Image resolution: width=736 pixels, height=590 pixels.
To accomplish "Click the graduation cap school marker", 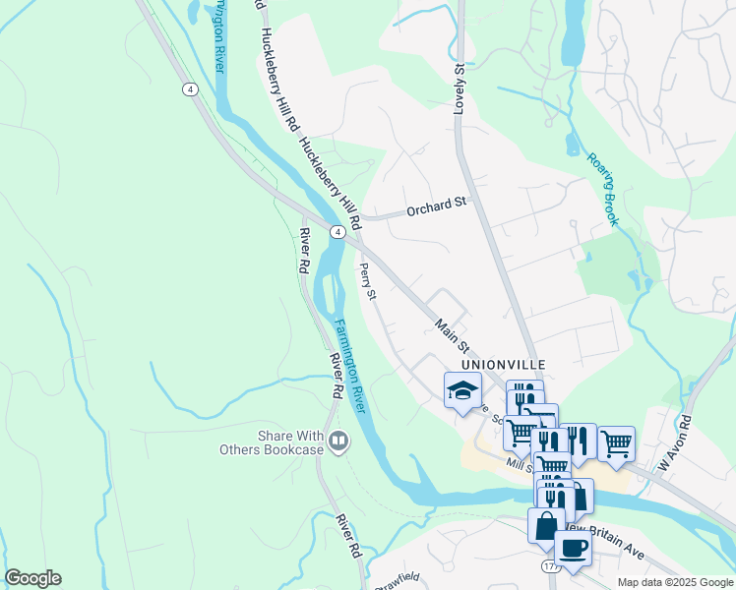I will click(x=462, y=391).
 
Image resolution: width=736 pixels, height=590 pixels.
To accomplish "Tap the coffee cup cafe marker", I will click(x=573, y=549).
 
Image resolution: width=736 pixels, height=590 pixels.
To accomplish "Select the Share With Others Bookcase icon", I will click(x=339, y=442).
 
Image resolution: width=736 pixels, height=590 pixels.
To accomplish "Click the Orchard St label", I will click(x=436, y=204).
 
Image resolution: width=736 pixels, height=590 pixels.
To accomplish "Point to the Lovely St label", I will click(x=459, y=88).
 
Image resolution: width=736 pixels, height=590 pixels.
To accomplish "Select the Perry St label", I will click(x=368, y=281).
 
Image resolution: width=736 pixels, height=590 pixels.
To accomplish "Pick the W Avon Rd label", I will click(x=676, y=447).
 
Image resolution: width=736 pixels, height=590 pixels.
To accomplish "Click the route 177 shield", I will click(x=548, y=567).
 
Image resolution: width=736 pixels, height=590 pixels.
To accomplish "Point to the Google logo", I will click(x=32, y=578).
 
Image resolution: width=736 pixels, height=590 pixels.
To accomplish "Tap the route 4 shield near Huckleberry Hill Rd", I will click(x=337, y=232).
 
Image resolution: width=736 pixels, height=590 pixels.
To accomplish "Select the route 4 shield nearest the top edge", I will click(x=187, y=89).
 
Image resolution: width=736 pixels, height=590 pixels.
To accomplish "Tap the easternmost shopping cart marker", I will click(x=616, y=444).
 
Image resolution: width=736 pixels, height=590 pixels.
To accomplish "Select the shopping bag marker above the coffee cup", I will click(x=545, y=525).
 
